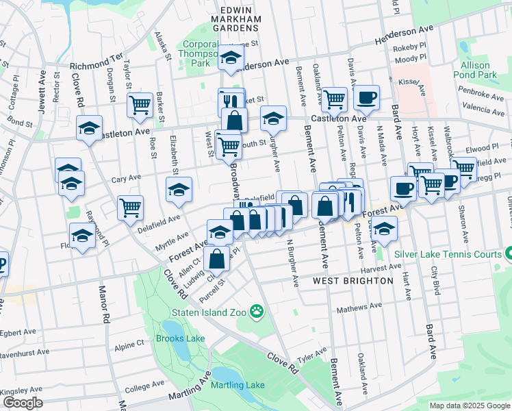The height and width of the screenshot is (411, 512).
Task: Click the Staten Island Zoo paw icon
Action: [x=257, y=312]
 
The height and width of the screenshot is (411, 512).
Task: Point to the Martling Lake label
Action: [x=238, y=385]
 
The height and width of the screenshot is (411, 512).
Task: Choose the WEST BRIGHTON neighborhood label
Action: [x=353, y=281]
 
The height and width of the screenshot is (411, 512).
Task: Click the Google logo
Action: [x=22, y=403]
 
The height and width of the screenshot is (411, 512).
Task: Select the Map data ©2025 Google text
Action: [x=469, y=406]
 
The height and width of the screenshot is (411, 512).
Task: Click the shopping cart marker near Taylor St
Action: [x=140, y=105]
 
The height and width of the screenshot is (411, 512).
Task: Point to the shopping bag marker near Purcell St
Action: [x=216, y=259]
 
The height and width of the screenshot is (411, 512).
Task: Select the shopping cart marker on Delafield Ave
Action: [x=130, y=208]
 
